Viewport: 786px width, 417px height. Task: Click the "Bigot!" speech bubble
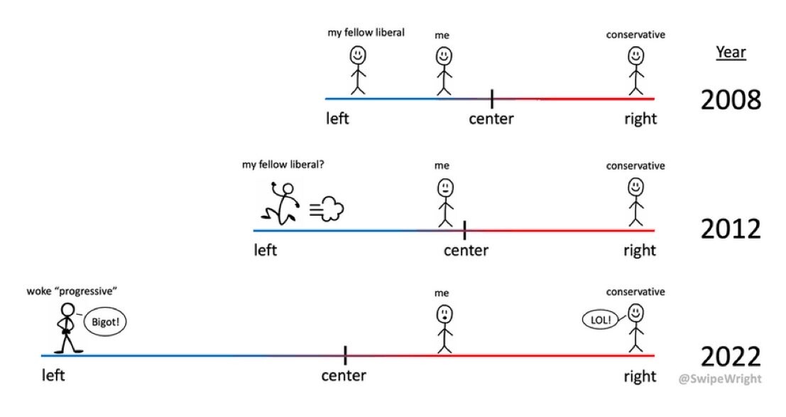pyautogui.click(x=105, y=322)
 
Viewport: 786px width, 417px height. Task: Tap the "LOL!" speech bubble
pyautogui.click(x=600, y=320)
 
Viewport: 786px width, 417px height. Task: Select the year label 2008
pyautogui.click(x=731, y=99)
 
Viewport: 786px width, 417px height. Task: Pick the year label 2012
pyautogui.click(x=731, y=229)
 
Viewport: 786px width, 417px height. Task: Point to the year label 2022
pyautogui.click(x=731, y=357)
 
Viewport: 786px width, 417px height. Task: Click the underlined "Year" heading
pyautogui.click(x=731, y=52)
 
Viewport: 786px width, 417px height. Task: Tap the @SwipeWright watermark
pyautogui.click(x=720, y=379)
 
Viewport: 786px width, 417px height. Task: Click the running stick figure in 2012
pyautogui.click(x=281, y=203)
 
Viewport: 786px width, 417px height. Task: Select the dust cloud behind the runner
pyautogui.click(x=327, y=209)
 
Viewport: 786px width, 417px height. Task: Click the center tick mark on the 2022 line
pyautogui.click(x=345, y=355)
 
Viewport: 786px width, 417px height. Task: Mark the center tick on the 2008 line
pyautogui.click(x=492, y=99)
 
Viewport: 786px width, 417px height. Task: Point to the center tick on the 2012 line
pyautogui.click(x=464, y=230)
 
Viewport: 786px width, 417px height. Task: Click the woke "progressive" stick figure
pyautogui.click(x=67, y=327)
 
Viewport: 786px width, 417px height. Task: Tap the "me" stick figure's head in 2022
pyautogui.click(x=444, y=315)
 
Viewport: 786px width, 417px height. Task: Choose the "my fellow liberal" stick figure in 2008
pyautogui.click(x=357, y=70)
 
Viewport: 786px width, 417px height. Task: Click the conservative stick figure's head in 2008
pyautogui.click(x=636, y=55)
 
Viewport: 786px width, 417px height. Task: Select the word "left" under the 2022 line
pyautogui.click(x=53, y=375)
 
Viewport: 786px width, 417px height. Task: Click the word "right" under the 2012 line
pyautogui.click(x=640, y=250)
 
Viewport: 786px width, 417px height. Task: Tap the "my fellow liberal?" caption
pyautogui.click(x=283, y=165)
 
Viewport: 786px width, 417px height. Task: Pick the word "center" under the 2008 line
pyautogui.click(x=491, y=119)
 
